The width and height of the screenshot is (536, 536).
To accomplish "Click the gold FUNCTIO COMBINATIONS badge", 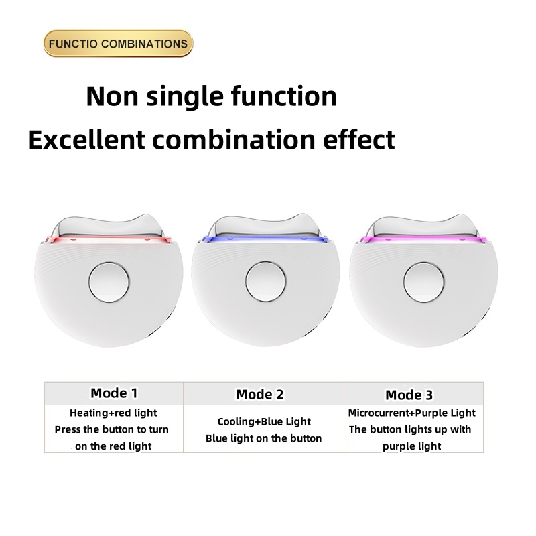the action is tap(119, 44).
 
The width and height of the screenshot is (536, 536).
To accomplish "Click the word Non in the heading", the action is tap(112, 96).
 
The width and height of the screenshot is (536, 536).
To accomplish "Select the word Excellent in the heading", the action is tap(87, 140).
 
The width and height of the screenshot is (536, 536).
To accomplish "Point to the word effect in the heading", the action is tap(359, 139).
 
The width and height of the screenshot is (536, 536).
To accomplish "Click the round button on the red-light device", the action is tap(109, 282).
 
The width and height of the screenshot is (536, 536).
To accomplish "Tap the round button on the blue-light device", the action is tap(265, 281).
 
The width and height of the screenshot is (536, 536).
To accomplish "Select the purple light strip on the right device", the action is tap(423, 239).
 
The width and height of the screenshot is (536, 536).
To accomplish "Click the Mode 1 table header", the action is tap(114, 393).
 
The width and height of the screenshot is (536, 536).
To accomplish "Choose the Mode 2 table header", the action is tap(260, 394).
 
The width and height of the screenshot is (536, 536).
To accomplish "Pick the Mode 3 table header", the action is tap(409, 395).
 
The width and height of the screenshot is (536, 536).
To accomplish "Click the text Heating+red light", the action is tap(113, 413).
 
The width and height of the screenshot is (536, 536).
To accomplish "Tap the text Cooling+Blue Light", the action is tap(264, 421).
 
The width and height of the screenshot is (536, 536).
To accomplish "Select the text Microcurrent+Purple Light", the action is tap(411, 413).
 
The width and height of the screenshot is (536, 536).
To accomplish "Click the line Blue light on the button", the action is tap(263, 438).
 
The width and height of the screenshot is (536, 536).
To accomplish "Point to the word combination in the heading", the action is tap(233, 140).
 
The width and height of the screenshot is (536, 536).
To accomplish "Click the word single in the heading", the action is tap(185, 97).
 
